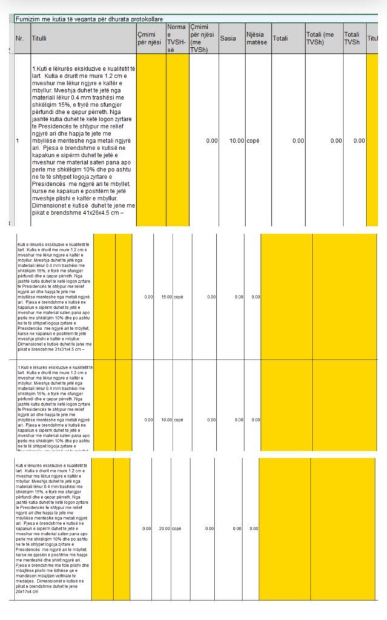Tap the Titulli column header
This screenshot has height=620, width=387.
[39, 38]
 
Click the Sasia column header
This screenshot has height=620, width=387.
[228, 38]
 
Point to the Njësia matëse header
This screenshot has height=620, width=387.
[258, 38]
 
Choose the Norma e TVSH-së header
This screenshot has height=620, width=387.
[176, 38]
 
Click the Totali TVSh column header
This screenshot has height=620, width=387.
[352, 38]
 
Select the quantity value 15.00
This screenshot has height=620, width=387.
[166, 297]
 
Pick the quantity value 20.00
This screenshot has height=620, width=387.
[164, 529]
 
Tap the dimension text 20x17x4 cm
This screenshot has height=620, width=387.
[27, 592]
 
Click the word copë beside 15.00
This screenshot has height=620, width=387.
[179, 297]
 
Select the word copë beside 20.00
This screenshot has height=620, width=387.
[177, 529]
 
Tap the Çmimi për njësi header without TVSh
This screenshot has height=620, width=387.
[150, 38]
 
